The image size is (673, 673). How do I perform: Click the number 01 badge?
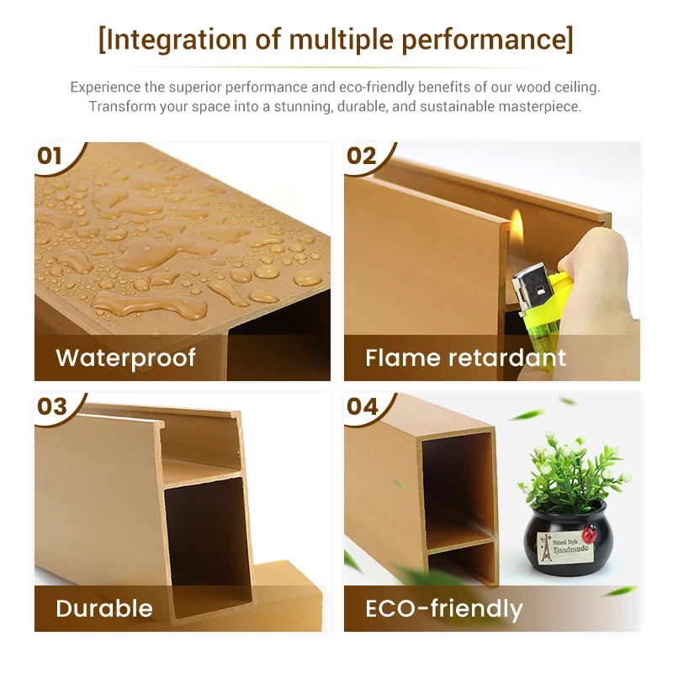click(x=51, y=156)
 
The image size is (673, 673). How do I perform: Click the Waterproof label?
click(x=125, y=358)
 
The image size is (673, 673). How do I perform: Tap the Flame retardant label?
click(x=465, y=358)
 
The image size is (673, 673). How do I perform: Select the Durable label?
click(x=104, y=608)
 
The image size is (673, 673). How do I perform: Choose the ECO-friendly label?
click(x=443, y=608)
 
